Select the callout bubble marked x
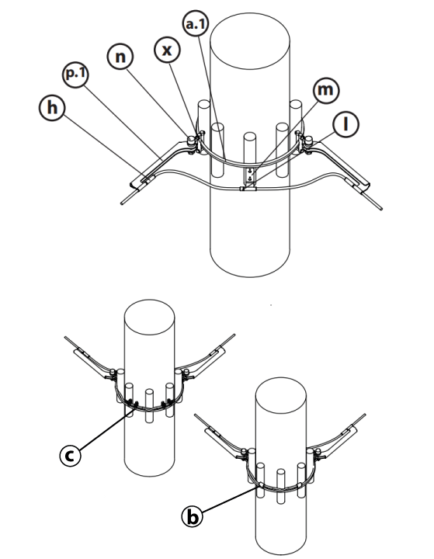pyautogui.click(x=165, y=49)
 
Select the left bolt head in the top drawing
pyautogui.click(x=189, y=141)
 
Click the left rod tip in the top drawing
pyautogui.click(x=124, y=200)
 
